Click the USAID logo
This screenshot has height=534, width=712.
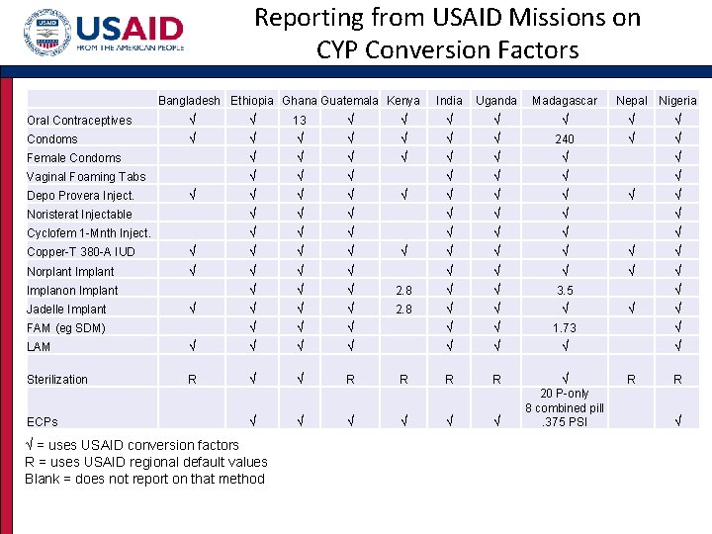pos(103,36)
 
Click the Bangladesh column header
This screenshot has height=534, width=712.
pos(189,101)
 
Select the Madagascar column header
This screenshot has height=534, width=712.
pos(565,101)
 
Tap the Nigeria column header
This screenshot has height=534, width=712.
pos(677,101)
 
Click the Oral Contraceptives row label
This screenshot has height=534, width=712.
pos(79,121)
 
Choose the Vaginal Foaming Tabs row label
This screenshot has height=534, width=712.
pos(86,177)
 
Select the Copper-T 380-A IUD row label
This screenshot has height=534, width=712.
pos(81,252)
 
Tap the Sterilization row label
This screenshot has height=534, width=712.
pos(57,380)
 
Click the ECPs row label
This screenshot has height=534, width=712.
pos(42,421)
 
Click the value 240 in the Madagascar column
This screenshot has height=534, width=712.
pos(565,139)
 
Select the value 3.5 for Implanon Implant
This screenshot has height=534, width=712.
pos(565,291)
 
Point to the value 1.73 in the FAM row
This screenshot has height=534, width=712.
pos(565,328)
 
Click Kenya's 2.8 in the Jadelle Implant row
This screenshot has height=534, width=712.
pos(403,310)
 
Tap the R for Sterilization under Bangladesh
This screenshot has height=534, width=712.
pos(192,380)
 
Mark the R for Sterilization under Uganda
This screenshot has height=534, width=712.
pos(496,380)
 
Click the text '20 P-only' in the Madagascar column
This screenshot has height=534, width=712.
pos(565,394)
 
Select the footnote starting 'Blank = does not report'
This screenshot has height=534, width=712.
pos(144,479)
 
